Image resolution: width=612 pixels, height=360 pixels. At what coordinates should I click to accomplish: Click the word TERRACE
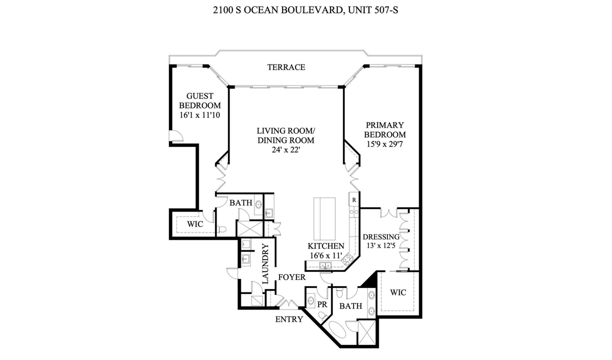(286, 67)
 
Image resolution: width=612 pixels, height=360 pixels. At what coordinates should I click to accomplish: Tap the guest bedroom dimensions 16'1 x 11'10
(199, 115)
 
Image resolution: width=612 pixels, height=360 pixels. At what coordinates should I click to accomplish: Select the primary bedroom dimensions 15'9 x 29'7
(384, 144)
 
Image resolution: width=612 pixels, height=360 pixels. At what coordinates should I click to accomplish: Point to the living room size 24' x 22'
(286, 149)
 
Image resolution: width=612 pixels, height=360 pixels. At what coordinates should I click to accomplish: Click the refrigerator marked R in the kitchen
(354, 200)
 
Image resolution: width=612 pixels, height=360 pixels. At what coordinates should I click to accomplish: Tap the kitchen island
(324, 219)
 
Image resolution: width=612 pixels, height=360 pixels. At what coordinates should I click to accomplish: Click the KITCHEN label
(325, 246)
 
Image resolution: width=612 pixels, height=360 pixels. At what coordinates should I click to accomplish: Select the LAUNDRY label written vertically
(265, 264)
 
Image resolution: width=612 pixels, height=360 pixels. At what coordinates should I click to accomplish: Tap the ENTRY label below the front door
(289, 319)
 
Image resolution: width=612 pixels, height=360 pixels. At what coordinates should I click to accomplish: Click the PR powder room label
(322, 304)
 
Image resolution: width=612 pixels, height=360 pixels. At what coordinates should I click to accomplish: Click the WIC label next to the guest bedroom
(195, 224)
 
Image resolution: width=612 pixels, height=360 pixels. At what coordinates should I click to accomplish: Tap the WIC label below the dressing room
(398, 292)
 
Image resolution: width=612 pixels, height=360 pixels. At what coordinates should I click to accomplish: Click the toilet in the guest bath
(221, 229)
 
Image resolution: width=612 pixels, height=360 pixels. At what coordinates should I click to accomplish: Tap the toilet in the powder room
(322, 315)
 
